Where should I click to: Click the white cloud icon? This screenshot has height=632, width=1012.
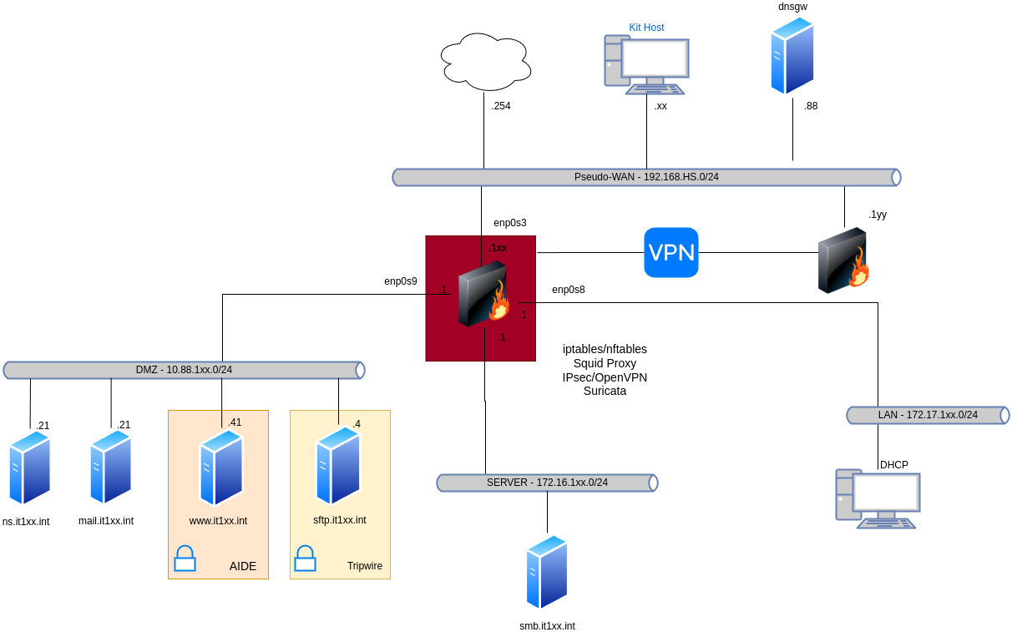(486, 62)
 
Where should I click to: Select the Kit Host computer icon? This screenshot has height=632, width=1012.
(647, 64)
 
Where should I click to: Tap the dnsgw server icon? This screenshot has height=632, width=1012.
(792, 56)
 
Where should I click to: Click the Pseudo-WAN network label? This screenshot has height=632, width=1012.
(646, 177)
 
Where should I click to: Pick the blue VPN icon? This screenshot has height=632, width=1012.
(671, 252)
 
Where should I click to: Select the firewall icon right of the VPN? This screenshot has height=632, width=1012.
(843, 260)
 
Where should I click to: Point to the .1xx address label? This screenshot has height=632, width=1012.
(498, 248)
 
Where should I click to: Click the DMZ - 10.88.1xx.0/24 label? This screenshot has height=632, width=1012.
(184, 370)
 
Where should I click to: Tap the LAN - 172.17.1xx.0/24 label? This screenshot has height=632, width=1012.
(928, 415)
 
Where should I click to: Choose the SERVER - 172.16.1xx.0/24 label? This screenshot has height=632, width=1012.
(547, 483)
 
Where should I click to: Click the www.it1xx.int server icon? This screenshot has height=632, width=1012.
(221, 468)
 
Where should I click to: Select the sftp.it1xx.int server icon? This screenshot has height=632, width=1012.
(338, 465)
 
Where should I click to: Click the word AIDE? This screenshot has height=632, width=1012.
(243, 567)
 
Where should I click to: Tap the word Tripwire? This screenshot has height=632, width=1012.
(365, 566)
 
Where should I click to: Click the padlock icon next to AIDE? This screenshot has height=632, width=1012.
(185, 559)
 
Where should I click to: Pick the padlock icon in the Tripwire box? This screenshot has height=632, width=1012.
(306, 559)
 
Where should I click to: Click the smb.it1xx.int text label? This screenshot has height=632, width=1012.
(547, 625)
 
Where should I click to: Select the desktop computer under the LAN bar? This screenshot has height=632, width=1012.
(878, 498)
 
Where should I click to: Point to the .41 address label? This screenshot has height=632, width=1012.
(235, 422)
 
